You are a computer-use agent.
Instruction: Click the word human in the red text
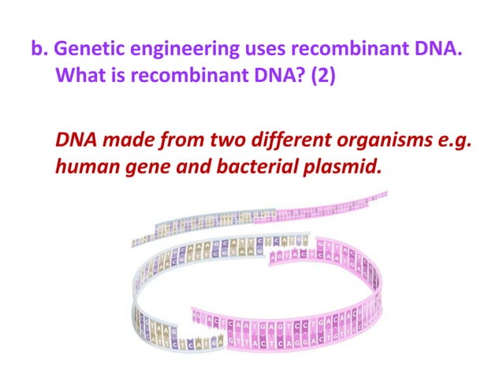tap(84, 170)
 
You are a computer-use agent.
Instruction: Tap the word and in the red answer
tap(187, 170)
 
